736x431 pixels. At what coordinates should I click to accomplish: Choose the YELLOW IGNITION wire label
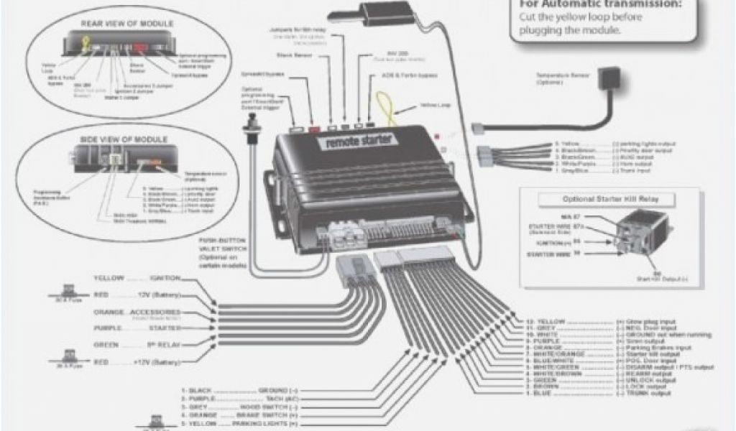click(x=137, y=278)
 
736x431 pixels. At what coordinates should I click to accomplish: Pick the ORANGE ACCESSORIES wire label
click(x=137, y=312)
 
